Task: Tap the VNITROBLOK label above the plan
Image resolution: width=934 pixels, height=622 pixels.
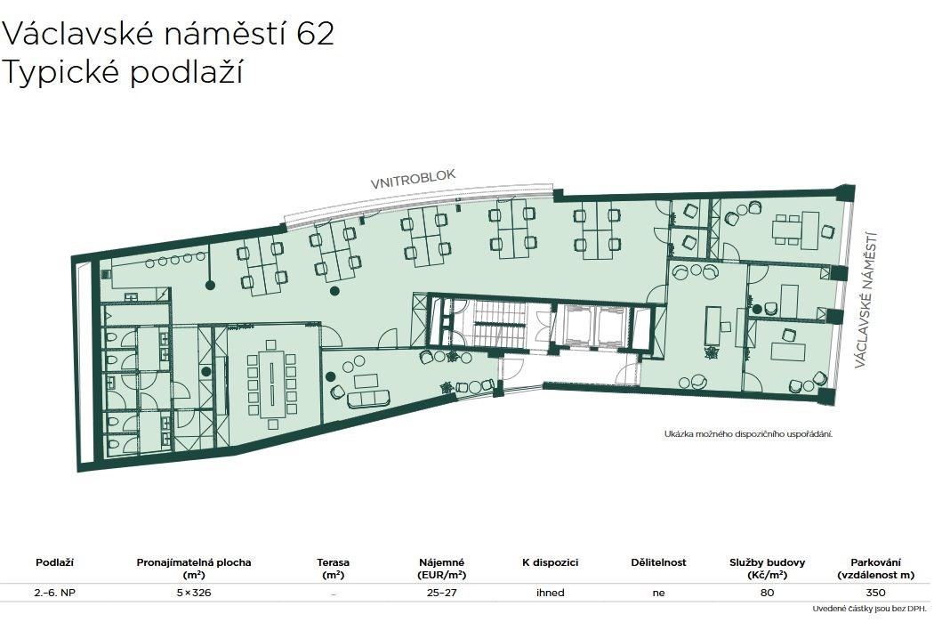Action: coord(413,179)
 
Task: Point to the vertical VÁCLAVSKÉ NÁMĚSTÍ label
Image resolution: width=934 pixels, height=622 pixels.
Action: coord(866,300)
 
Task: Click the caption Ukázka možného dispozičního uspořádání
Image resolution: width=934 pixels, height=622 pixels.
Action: coord(748,433)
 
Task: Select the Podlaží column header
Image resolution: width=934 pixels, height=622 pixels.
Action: coord(54,561)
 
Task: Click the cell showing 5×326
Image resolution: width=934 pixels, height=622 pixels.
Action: coord(194,593)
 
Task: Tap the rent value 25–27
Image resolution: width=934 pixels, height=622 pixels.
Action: coord(441,593)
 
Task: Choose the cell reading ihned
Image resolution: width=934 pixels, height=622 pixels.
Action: coord(550,593)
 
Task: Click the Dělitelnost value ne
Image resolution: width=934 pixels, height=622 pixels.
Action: coord(658,593)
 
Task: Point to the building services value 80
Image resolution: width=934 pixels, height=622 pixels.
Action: coord(767,593)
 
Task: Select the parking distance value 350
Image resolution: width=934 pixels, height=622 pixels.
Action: coord(875,593)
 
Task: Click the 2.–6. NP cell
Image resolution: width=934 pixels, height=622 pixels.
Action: coord(54,593)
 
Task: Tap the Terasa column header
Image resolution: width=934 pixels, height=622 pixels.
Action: coord(333,569)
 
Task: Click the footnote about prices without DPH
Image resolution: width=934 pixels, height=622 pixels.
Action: coord(871,609)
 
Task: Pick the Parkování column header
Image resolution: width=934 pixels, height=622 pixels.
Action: coord(875,569)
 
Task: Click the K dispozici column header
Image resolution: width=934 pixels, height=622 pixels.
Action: coord(550,562)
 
